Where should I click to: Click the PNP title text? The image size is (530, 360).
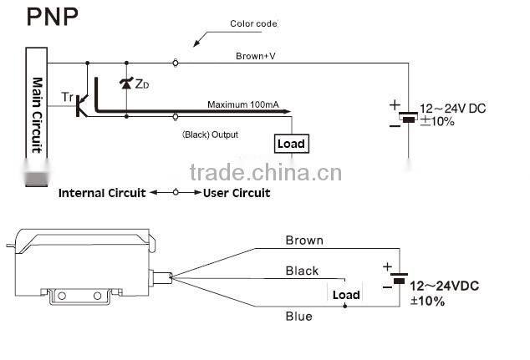[42, 18]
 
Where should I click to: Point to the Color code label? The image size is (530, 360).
[253, 23]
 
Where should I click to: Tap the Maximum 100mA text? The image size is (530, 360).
[243, 104]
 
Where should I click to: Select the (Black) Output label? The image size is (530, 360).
[210, 134]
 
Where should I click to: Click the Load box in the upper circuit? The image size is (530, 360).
[291, 144]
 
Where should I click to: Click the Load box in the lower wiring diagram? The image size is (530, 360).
[346, 295]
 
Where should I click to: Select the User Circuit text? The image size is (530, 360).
[237, 193]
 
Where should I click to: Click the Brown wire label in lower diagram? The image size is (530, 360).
[304, 241]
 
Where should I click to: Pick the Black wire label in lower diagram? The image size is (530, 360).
[302, 271]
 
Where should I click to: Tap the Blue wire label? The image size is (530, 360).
[298, 317]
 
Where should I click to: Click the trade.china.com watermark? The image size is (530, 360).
[266, 173]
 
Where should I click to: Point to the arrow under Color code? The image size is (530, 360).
[201, 38]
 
